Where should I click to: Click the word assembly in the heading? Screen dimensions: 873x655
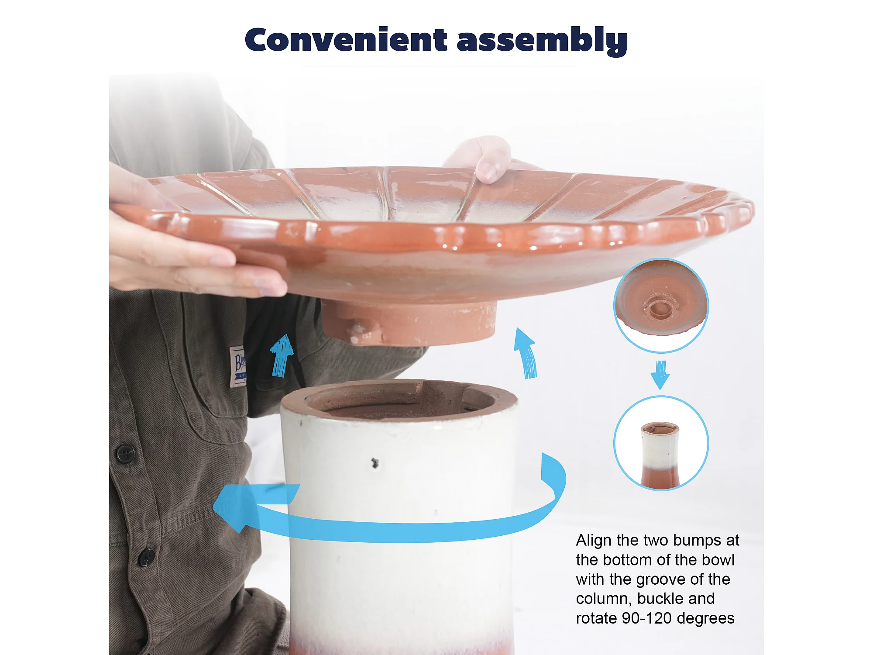pyautogui.click(x=542, y=41)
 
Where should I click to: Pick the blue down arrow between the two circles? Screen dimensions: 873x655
pyautogui.click(x=660, y=375)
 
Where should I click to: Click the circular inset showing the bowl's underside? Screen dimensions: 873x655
pyautogui.click(x=661, y=305)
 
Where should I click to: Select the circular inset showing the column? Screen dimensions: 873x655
pyautogui.click(x=661, y=443)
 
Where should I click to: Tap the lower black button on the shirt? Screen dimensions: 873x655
pyautogui.click(x=146, y=557)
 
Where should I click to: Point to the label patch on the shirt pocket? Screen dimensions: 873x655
pyautogui.click(x=238, y=366)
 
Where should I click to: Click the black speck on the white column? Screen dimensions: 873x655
pyautogui.click(x=375, y=463)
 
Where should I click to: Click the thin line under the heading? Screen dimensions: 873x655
pyautogui.click(x=440, y=67)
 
